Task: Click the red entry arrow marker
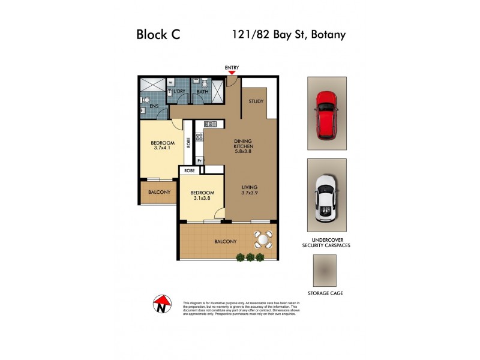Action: [x=232, y=73]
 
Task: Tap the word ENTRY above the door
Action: [x=232, y=67]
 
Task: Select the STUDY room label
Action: [x=256, y=101]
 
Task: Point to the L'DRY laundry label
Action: [x=178, y=92]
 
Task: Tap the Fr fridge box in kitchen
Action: [x=199, y=161]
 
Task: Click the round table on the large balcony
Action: [x=263, y=240]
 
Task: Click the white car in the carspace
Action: [x=326, y=196]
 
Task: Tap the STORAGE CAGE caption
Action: [x=325, y=293]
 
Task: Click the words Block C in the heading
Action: [x=158, y=35]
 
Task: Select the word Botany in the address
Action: [x=328, y=34]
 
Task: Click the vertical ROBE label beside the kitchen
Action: [x=188, y=143]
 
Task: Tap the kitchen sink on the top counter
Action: [x=212, y=124]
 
